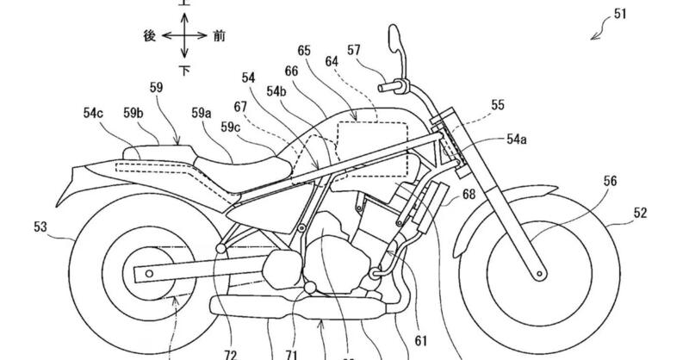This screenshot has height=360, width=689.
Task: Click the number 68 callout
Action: coord(469,195)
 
